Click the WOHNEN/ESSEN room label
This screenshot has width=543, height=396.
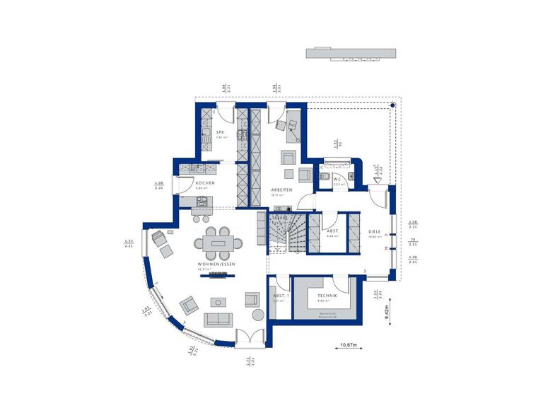216,264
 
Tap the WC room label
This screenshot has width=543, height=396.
339,178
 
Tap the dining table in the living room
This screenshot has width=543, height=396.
216,244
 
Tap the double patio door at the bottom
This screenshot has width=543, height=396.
249,339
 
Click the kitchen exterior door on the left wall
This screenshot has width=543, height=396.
177,184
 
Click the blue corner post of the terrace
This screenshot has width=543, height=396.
394,107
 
